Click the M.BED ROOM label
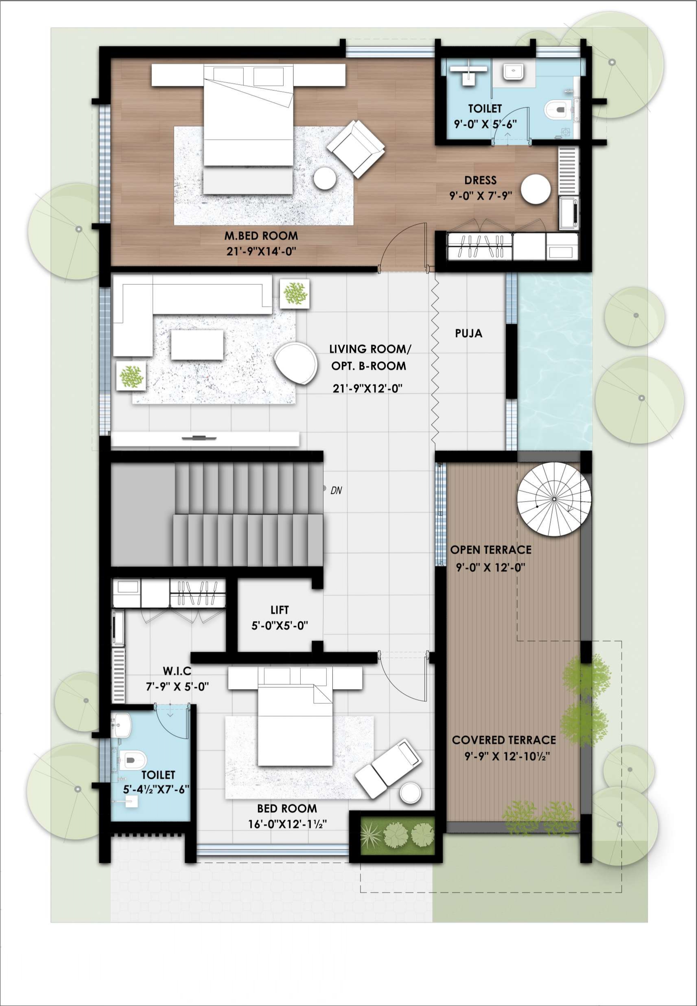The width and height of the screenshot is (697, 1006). [x=261, y=236]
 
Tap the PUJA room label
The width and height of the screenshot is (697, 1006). [x=469, y=333]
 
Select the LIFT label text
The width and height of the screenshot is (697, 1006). [x=280, y=610]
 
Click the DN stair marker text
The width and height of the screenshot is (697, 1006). [x=336, y=490]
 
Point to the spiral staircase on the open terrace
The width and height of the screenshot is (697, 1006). [x=553, y=499]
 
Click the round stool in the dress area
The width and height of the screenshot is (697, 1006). [x=535, y=189]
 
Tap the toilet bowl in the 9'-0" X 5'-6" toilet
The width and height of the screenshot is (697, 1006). [x=557, y=109]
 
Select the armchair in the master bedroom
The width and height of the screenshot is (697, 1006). [x=356, y=148]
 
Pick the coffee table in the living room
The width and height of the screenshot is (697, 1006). [x=197, y=345]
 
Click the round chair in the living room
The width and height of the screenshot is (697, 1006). [x=296, y=362]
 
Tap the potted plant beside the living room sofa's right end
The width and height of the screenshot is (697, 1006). [x=294, y=293]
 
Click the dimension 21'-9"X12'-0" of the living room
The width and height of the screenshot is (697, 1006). [x=367, y=388]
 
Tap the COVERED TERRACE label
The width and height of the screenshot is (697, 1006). [x=504, y=740]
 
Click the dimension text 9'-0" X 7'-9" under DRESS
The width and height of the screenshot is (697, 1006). [x=481, y=196]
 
